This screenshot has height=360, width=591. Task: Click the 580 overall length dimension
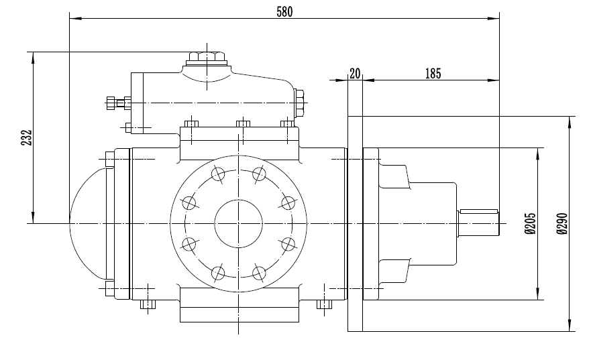[x=284, y=11]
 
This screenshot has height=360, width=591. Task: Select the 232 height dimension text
[x=26, y=137]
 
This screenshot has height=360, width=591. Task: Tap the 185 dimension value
[x=433, y=74]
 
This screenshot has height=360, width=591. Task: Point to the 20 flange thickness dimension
[x=355, y=74]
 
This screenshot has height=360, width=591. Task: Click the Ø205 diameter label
[x=530, y=224]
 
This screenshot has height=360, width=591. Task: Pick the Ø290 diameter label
[x=562, y=224]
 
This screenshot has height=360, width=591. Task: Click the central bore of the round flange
[x=238, y=223]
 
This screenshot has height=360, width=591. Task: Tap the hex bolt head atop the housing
[x=206, y=57]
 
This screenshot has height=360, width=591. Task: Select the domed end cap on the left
[x=87, y=223]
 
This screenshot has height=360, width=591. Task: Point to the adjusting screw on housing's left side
[x=115, y=103]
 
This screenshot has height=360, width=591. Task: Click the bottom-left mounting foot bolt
[x=147, y=305]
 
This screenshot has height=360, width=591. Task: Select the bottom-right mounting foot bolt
[x=324, y=305]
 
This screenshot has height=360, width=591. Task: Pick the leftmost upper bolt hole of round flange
[x=189, y=202]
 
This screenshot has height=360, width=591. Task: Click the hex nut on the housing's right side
[x=299, y=102]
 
